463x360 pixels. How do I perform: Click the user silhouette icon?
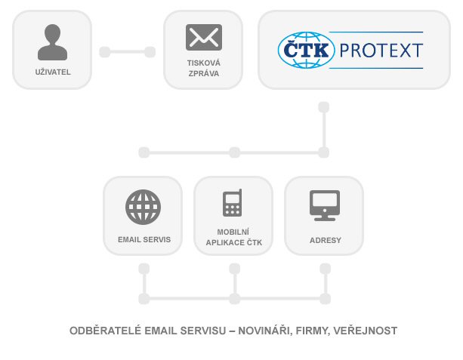[x=53, y=42]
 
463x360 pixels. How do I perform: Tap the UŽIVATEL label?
[x=53, y=72]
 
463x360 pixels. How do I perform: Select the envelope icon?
[x=204, y=37]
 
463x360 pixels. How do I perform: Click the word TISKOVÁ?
[x=204, y=63]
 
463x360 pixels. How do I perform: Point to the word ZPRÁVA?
[x=204, y=74]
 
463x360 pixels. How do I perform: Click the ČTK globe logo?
[x=306, y=50]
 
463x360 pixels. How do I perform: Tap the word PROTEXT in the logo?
[x=381, y=51]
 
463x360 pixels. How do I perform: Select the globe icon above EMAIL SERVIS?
[x=144, y=207]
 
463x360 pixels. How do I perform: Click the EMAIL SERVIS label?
[x=144, y=239]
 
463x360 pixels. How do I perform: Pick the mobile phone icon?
[x=233, y=203]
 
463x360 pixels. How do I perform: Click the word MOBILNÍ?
[x=233, y=232]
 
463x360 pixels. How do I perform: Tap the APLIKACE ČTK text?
[x=234, y=242]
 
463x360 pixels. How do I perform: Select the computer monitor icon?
[x=325, y=205]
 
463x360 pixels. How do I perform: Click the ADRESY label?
[x=326, y=241]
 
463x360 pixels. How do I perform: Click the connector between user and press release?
[x=128, y=52]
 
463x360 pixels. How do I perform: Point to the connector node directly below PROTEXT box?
[x=324, y=107]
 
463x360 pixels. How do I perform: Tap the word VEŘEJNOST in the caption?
[x=366, y=331]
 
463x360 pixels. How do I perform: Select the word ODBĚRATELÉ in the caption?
[x=106, y=331]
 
